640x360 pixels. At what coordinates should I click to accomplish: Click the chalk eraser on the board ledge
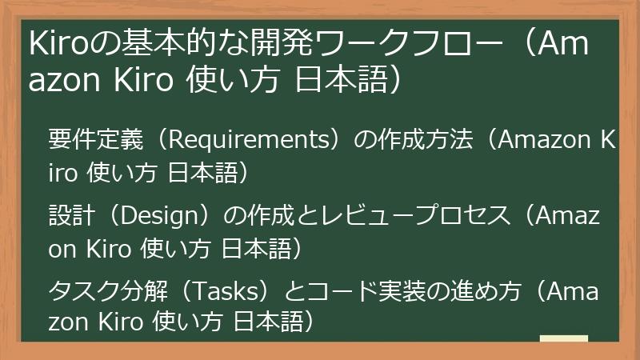[564, 339]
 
